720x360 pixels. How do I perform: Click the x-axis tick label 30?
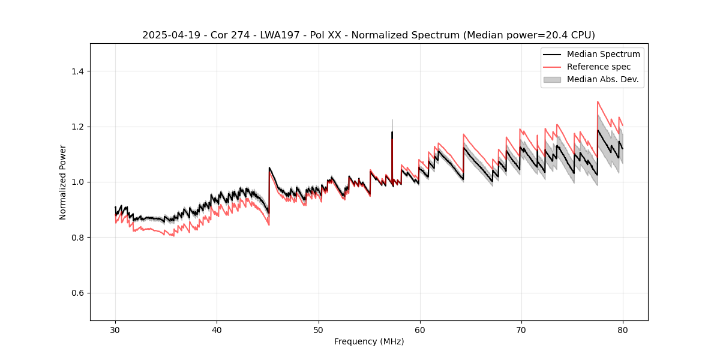point(115,330)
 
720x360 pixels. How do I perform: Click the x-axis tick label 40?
point(217,330)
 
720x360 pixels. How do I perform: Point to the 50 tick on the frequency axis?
point(318,330)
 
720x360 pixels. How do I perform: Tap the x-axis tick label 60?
point(419,330)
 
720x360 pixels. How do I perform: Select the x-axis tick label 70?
point(521,330)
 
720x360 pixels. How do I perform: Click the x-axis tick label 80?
point(622,330)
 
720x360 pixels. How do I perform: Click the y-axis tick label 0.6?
point(77,293)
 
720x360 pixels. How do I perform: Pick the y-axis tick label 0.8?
point(77,238)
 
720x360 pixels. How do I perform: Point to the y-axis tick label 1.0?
point(77,182)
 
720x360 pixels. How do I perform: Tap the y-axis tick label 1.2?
point(77,127)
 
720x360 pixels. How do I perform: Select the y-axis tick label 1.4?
point(77,71)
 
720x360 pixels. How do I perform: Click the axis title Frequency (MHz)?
point(369,341)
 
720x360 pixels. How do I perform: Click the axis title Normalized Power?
point(63,182)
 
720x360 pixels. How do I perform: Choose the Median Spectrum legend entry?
point(603,54)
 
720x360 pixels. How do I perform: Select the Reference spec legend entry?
point(598,67)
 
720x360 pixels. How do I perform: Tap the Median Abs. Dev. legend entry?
point(602,79)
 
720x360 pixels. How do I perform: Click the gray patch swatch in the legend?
point(552,79)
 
